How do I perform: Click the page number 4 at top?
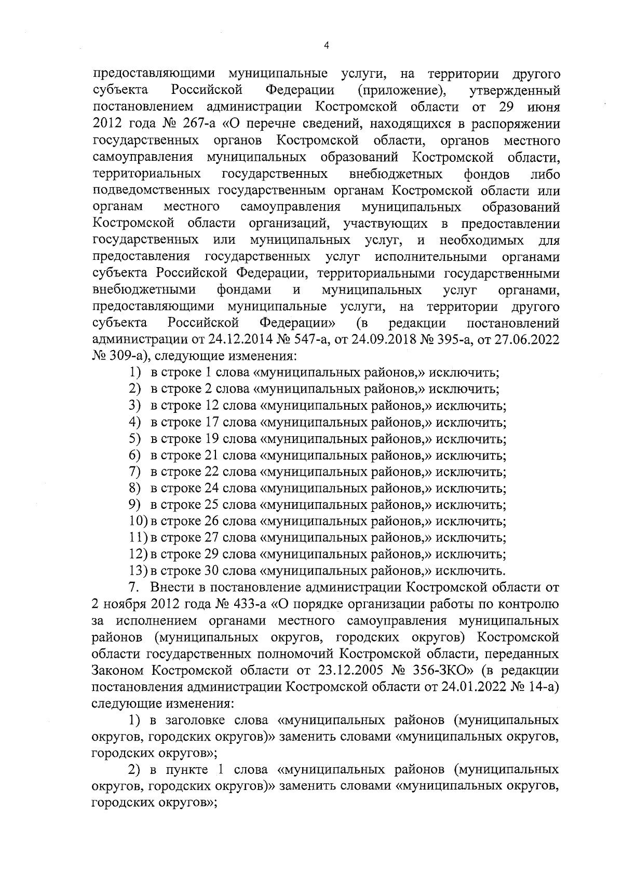pos(326,46)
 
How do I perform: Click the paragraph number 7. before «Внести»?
pos(134,588)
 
